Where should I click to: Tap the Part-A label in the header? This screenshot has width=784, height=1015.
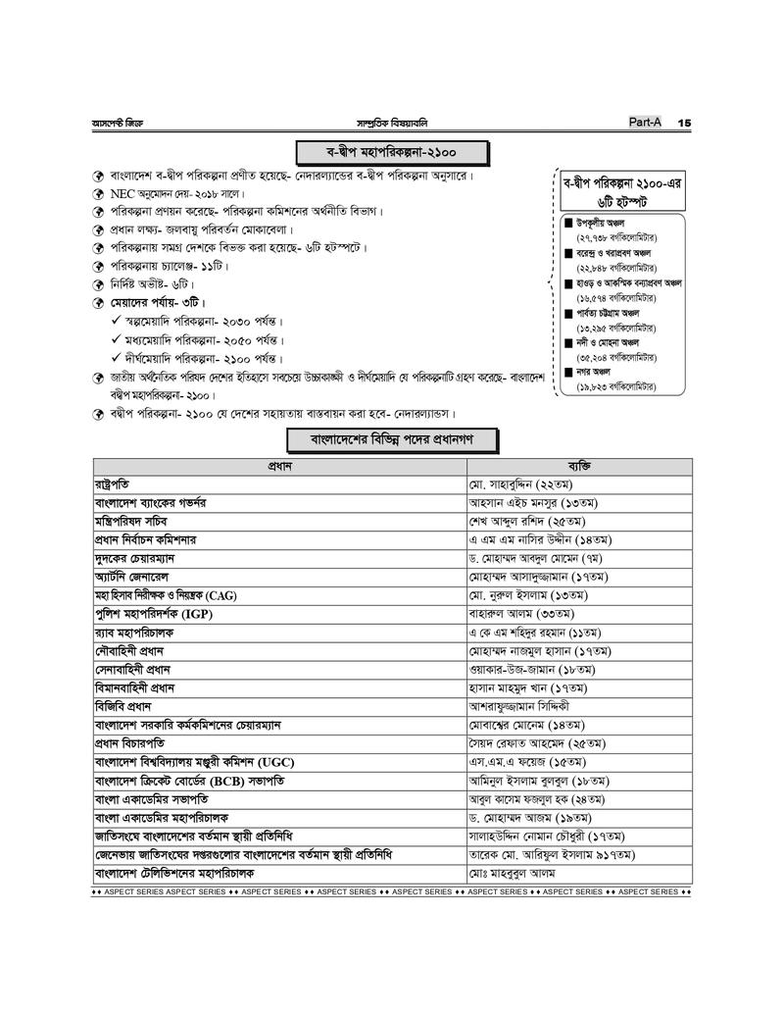click(x=646, y=122)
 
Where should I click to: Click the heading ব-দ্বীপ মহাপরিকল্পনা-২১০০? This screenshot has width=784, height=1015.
click(x=392, y=153)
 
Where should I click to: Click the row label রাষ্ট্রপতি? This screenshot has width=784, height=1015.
click(x=112, y=484)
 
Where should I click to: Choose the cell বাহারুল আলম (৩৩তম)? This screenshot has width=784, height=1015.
click(x=518, y=614)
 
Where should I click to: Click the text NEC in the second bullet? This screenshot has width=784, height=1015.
click(x=123, y=194)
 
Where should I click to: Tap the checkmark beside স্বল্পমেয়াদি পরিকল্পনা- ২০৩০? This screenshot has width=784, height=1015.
click(x=117, y=322)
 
